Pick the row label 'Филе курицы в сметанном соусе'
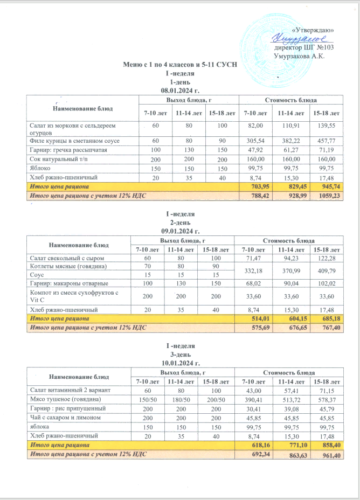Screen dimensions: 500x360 click(67, 141)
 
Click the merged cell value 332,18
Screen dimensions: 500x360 click(257, 270)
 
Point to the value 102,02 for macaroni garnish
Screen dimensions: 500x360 click(327, 283)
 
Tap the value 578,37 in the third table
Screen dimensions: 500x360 click(327, 399)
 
